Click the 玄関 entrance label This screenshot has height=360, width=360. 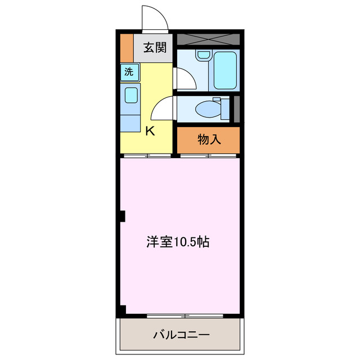[x=154, y=48]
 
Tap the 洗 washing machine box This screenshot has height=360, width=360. [x=129, y=71]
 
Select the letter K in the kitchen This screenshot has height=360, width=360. [x=150, y=132]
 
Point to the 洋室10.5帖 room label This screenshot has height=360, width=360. [x=178, y=242]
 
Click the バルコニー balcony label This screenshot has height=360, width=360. [x=181, y=335]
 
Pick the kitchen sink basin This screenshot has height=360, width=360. [x=131, y=94]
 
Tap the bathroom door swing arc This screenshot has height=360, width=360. [x=184, y=79]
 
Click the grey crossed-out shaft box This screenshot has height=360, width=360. [x=208, y=39]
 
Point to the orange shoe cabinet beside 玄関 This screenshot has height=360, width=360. [x=127, y=48]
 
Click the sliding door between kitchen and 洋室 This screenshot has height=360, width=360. [x=146, y=155]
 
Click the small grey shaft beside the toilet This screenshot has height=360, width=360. [x=237, y=109]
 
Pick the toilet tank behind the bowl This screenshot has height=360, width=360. [x=226, y=109]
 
